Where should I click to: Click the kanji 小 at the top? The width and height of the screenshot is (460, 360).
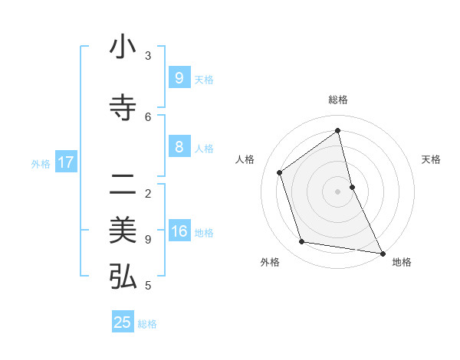click(x=123, y=47)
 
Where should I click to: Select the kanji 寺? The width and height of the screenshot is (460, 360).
click(x=123, y=108)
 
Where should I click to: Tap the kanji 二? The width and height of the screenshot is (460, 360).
click(x=123, y=185)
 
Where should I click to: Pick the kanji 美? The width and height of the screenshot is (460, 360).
click(x=123, y=231)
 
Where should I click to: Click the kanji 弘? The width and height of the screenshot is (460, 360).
click(x=123, y=277)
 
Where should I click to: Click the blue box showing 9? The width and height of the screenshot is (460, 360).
click(x=179, y=78)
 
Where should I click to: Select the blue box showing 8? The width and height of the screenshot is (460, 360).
click(x=179, y=147)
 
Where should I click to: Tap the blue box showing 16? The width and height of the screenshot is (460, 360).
click(x=179, y=231)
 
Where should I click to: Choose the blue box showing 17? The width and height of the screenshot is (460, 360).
click(x=66, y=162)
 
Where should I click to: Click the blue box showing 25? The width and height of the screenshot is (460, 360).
click(x=123, y=322)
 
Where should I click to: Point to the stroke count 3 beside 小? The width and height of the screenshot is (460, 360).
click(x=148, y=55)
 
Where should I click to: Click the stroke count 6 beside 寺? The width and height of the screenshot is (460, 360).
click(x=148, y=116)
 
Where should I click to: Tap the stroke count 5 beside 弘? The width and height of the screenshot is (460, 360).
click(x=148, y=286)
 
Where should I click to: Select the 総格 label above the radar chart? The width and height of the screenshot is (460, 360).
click(x=337, y=100)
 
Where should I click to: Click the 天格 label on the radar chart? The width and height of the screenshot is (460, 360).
click(x=432, y=159)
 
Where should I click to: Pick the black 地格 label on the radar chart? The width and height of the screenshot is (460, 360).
click(x=402, y=262)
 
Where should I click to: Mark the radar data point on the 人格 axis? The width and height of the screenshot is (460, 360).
click(x=280, y=172)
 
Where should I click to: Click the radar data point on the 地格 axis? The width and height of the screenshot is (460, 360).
click(x=382, y=252)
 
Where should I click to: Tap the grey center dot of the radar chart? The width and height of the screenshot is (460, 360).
click(x=337, y=191)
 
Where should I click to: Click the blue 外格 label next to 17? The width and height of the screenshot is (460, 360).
click(x=41, y=163)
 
